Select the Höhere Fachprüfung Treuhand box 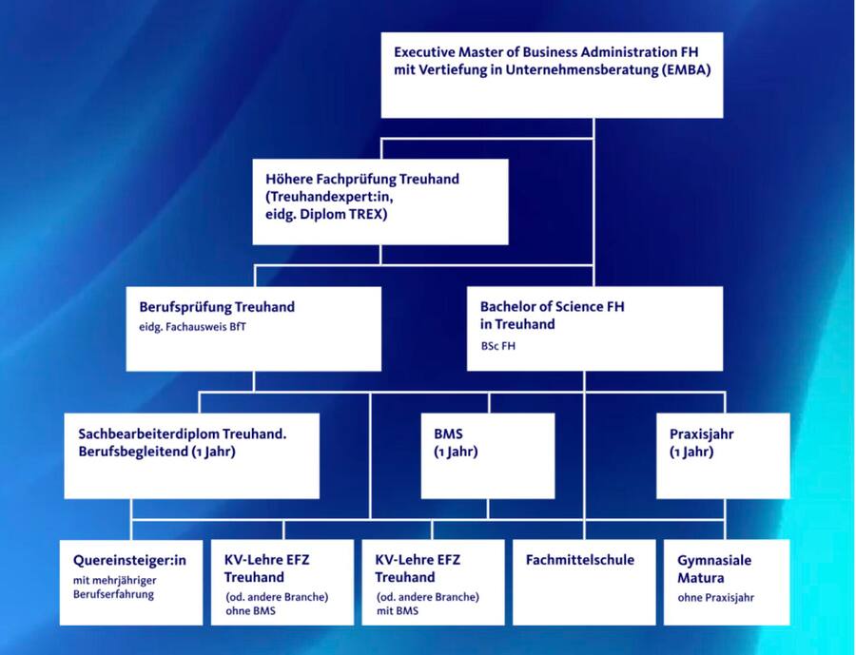point(380,202)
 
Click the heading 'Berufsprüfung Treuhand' point(217,307)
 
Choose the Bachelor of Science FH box point(594,328)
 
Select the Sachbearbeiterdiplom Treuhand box point(191,454)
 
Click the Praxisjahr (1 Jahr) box point(723,454)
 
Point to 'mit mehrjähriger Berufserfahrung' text point(114,587)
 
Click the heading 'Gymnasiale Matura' point(714,568)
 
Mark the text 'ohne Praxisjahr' point(716,598)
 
